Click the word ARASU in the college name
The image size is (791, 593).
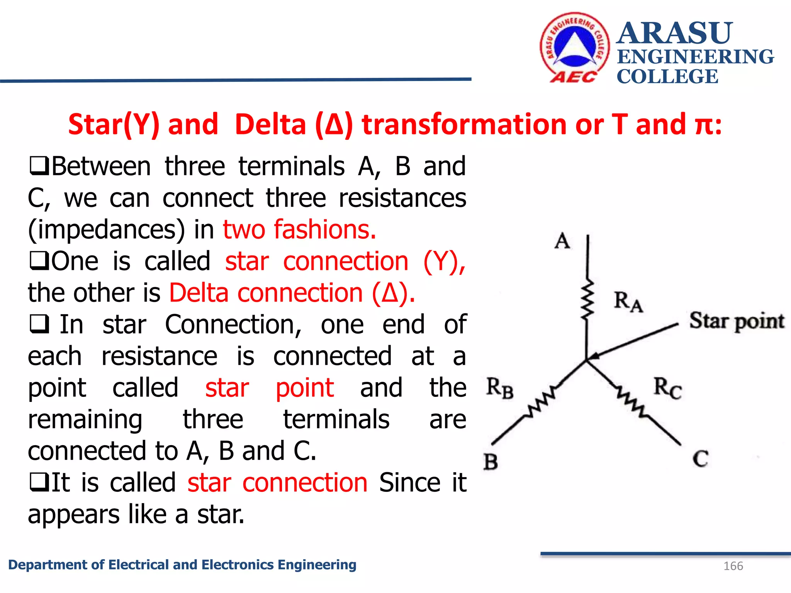674,33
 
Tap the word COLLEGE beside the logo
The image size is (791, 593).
667,76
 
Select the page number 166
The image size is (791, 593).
733,566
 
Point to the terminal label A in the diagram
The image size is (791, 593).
562,241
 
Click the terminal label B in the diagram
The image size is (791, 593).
491,462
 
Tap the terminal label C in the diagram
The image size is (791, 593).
700,459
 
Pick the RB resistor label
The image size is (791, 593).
499,388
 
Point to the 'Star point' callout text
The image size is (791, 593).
737,321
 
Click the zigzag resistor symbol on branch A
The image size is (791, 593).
587,300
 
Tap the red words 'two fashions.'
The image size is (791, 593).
299,229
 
